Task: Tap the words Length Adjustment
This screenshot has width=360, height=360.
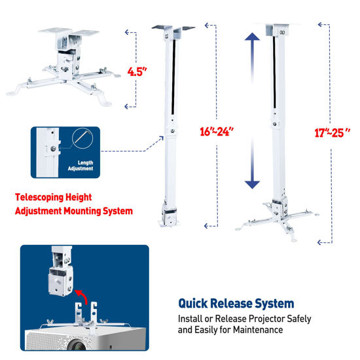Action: pyautogui.click(x=83, y=166)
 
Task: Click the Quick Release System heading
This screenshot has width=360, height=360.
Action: pyautogui.click(x=236, y=304)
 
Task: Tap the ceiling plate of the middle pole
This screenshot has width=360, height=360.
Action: pyautogui.click(x=173, y=28)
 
